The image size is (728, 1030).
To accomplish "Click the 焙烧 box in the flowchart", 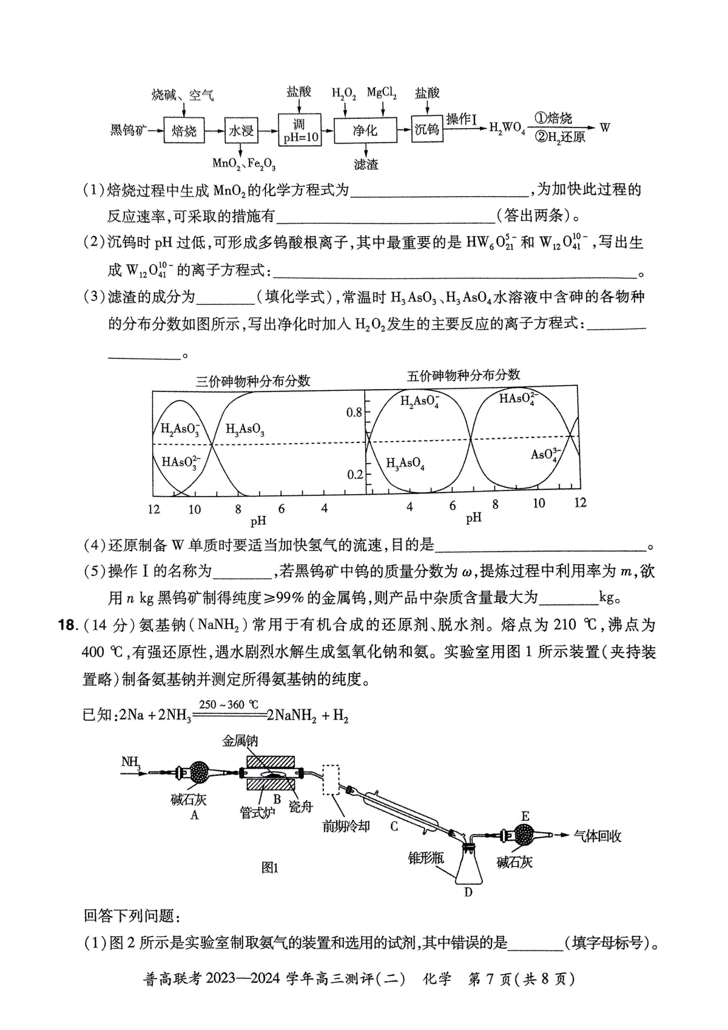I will point(184,130).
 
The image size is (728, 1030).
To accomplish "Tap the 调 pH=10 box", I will point(299,130).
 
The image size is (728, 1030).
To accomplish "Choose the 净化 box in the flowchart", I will point(365,130).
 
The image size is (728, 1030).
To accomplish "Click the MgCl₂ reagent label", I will point(382,93).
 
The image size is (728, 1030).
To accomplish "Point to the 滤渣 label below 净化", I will point(366,164).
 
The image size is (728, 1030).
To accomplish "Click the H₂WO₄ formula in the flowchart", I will point(507,129).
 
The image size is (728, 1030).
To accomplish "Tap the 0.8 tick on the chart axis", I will point(354,413).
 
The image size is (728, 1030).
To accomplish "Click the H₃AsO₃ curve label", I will point(244,429).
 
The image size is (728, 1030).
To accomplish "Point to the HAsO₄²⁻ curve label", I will point(518,399).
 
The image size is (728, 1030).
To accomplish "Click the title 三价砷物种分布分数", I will point(253,381).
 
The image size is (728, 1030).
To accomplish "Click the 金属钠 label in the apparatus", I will point(240,741).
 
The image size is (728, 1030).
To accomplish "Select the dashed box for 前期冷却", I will point(331,779).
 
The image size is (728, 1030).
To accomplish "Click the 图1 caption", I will point(269,868).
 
